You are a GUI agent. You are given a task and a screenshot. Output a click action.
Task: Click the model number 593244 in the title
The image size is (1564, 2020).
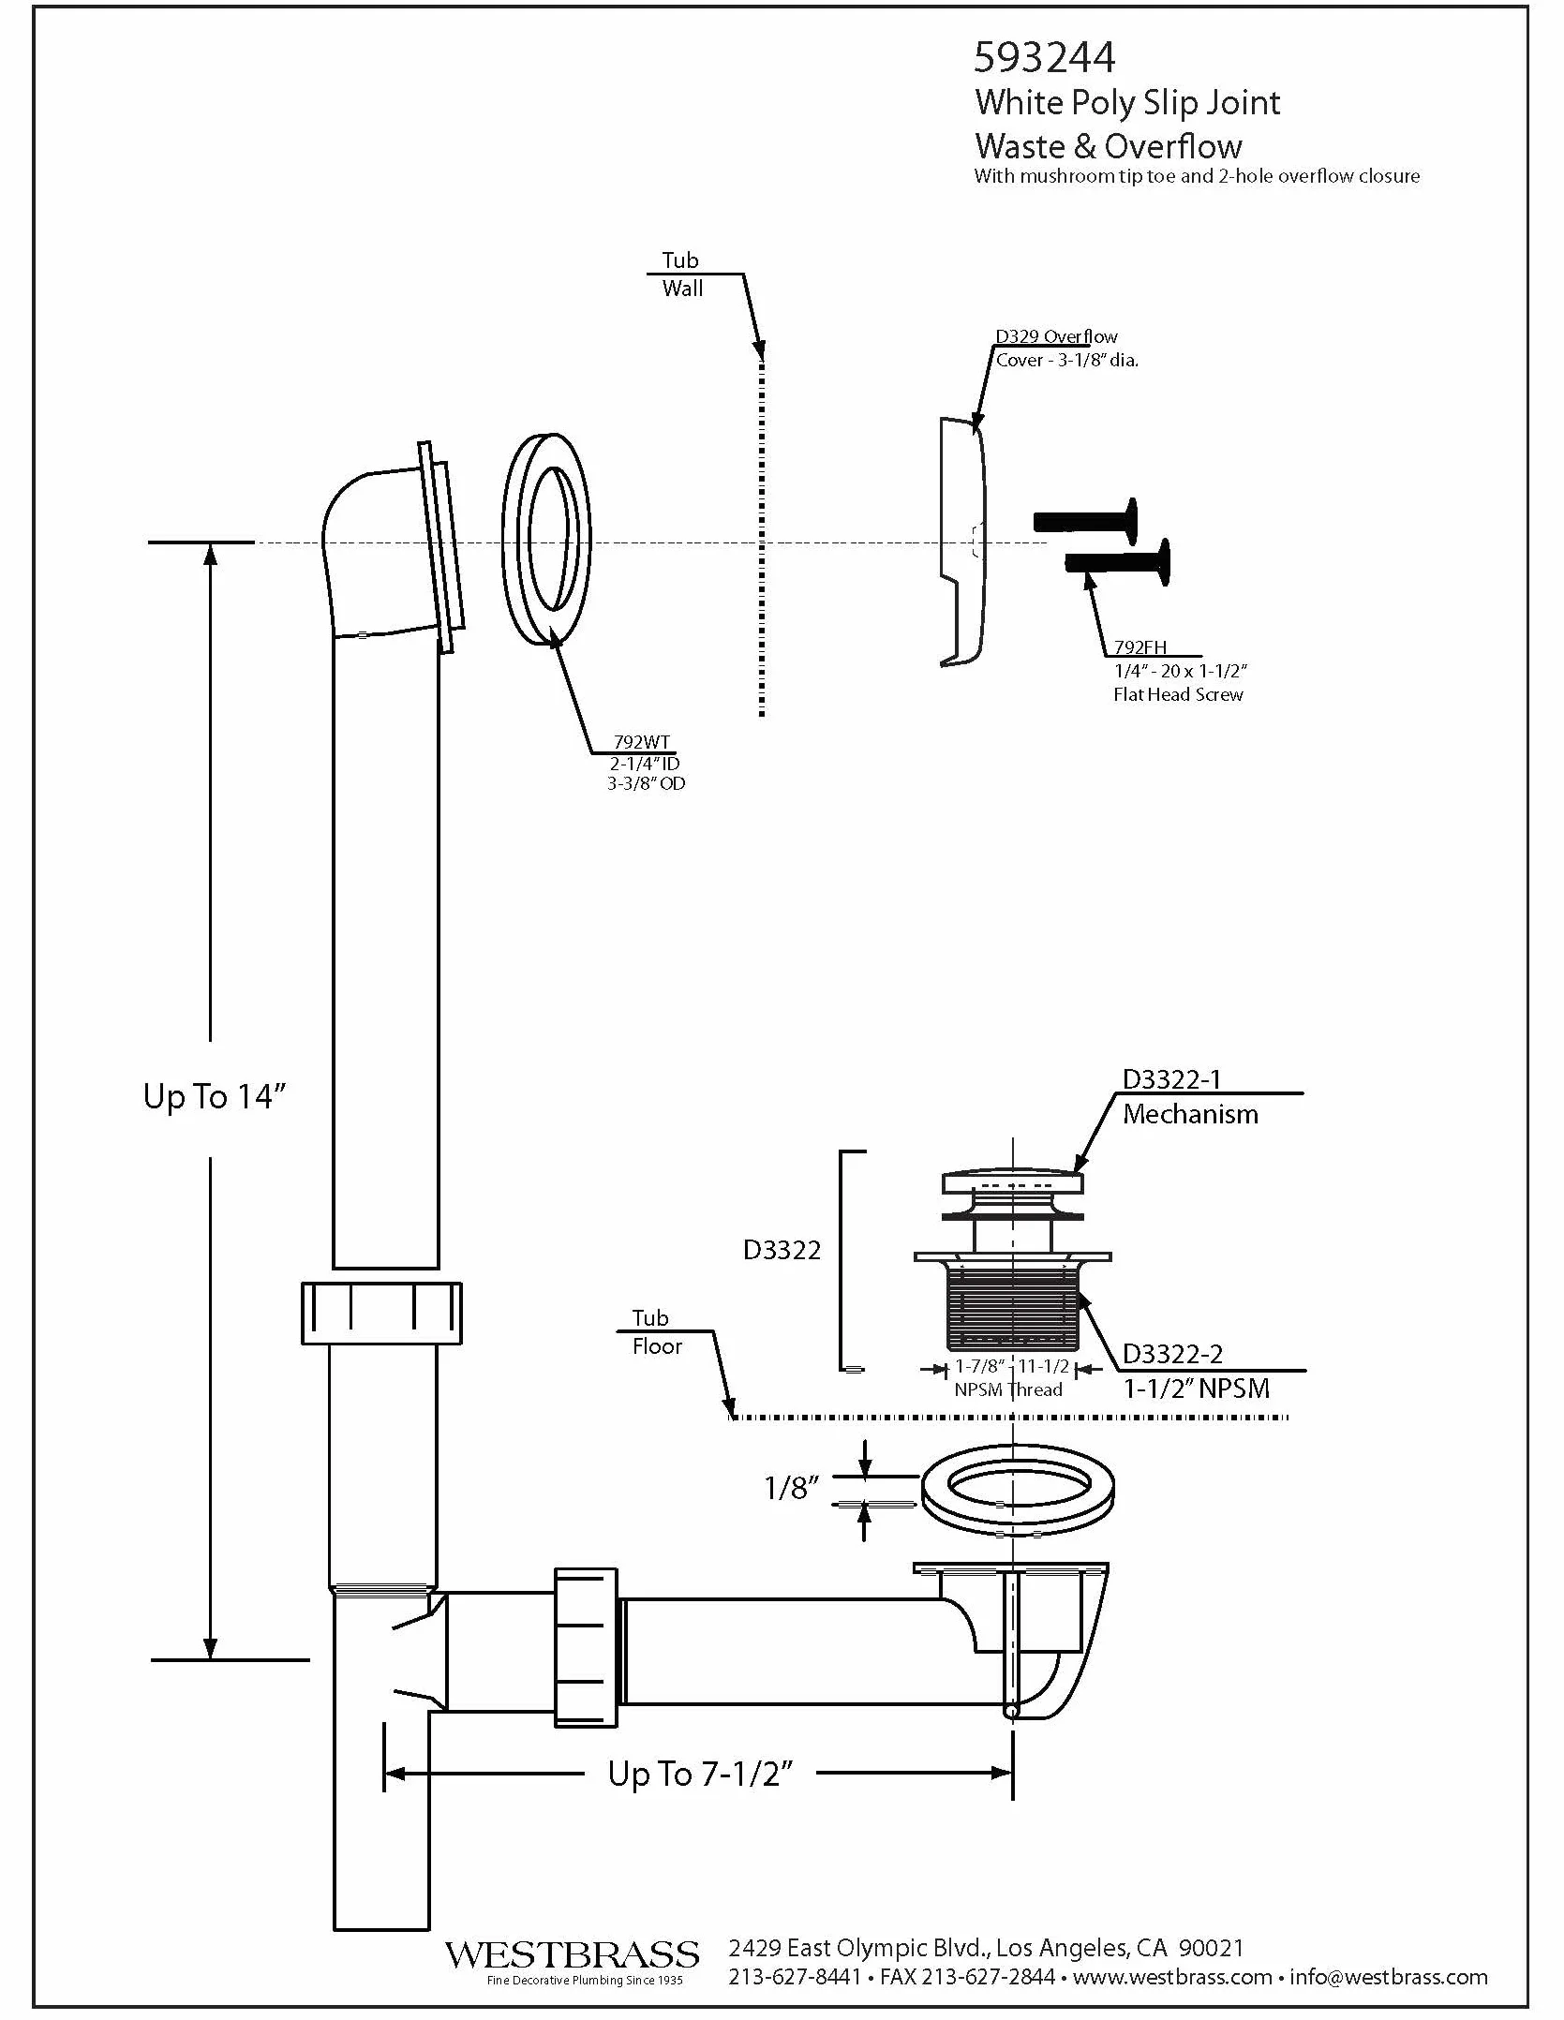(x=1044, y=58)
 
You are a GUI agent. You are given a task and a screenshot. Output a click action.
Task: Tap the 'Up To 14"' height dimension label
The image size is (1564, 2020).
(x=214, y=1096)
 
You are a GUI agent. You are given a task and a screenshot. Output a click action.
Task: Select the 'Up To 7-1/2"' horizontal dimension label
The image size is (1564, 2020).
(x=700, y=1774)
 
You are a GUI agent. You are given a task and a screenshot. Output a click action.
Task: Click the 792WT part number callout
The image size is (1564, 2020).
(x=642, y=742)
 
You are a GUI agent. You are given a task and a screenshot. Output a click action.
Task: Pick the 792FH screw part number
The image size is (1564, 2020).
(x=1139, y=646)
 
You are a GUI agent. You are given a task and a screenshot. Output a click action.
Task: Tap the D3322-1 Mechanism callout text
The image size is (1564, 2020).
(x=1190, y=1097)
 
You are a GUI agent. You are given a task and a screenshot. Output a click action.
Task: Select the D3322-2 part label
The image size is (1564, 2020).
(x=1172, y=1354)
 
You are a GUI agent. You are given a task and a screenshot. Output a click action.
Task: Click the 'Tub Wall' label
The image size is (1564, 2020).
(x=681, y=275)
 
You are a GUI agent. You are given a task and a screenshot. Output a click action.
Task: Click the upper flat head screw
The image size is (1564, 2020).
(x=1086, y=521)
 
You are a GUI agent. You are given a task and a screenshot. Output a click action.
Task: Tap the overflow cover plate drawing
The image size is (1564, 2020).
(x=962, y=542)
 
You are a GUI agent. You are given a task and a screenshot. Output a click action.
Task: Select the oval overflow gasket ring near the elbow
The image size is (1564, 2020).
(x=547, y=539)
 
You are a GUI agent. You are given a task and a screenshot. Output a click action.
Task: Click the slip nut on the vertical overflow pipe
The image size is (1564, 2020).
(x=381, y=1313)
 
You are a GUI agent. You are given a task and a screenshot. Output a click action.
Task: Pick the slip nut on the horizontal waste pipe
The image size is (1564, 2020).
(x=586, y=1647)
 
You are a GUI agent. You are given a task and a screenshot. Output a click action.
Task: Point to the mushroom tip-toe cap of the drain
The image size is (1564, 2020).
(x=1013, y=1180)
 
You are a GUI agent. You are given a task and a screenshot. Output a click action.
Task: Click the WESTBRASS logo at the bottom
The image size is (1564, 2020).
(x=572, y=1955)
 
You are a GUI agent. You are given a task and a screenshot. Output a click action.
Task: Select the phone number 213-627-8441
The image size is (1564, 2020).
(x=795, y=1977)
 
